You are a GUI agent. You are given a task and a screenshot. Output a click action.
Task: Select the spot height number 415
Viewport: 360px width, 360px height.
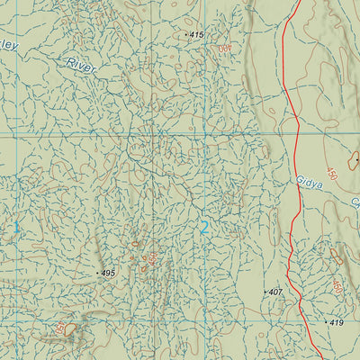(197, 34)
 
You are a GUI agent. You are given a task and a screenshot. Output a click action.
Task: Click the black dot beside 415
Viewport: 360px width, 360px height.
(186, 35)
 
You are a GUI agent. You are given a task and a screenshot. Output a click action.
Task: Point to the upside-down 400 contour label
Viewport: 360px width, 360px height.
(225, 47)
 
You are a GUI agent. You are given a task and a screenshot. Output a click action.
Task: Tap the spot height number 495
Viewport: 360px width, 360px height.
(109, 273)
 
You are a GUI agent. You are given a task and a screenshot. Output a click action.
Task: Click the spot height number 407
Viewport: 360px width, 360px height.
(275, 292)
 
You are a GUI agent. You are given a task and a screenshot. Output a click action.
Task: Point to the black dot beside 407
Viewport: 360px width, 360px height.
(265, 292)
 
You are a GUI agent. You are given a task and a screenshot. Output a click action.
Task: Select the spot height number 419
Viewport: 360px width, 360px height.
(337, 321)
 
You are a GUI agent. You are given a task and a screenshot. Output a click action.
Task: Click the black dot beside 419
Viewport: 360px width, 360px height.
(326, 321)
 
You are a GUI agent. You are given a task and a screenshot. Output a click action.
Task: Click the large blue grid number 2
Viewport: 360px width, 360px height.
(204, 228)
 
